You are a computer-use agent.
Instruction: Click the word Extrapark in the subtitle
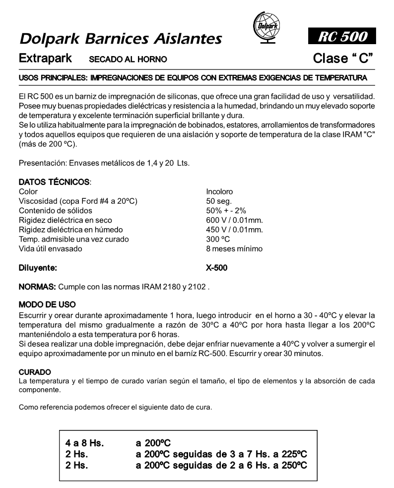45,59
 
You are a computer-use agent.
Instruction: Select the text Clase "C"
343,59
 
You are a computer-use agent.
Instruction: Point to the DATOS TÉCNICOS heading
54,183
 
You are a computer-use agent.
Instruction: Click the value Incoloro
219,191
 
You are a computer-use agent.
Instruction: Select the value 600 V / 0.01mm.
234,220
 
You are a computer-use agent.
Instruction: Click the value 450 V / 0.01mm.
234,230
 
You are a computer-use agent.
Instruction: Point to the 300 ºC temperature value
218,239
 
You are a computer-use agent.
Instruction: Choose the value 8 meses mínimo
234,248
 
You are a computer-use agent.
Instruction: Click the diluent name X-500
217,268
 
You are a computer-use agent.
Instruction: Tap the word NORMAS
37,287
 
